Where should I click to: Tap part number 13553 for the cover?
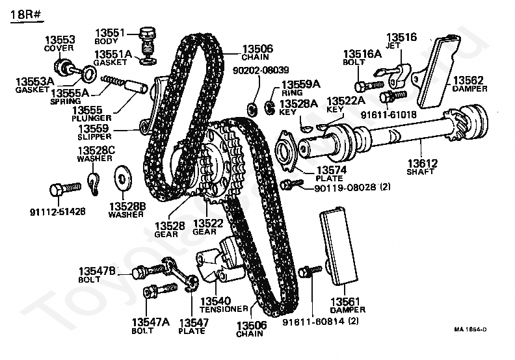pyautogui.click(x=59, y=40)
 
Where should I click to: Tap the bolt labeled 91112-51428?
pyautogui.click(x=64, y=188)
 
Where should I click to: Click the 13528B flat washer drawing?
pyautogui.click(x=122, y=177)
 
